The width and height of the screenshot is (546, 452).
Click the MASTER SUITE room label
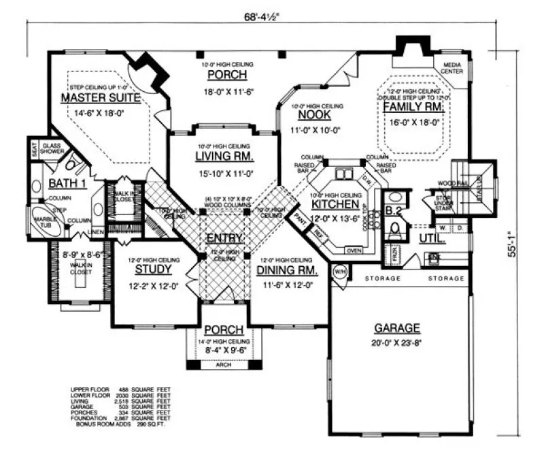tap(100, 98)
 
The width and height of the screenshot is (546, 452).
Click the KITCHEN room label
tap(335, 204)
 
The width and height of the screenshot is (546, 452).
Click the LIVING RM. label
tap(224, 156)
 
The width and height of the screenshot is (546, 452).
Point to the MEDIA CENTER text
tap(454, 67)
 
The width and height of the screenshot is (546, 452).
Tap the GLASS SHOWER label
tap(53, 149)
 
